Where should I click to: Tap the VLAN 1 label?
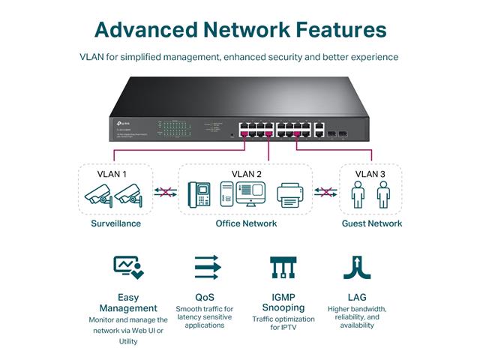click(112, 174)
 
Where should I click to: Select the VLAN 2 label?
click(247, 174)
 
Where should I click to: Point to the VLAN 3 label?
click(370, 174)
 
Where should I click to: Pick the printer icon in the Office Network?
click(289, 196)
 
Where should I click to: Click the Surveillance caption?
click(115, 223)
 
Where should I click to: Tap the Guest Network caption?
click(372, 223)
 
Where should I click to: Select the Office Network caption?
click(246, 223)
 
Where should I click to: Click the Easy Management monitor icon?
click(127, 267)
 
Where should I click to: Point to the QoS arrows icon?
click(207, 267)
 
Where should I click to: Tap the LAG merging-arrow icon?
click(357, 267)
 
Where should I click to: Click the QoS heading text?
click(204, 298)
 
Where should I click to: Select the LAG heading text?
click(357, 298)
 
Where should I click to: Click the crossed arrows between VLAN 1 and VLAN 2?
click(165, 192)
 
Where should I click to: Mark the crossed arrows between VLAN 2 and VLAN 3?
click(324, 192)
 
